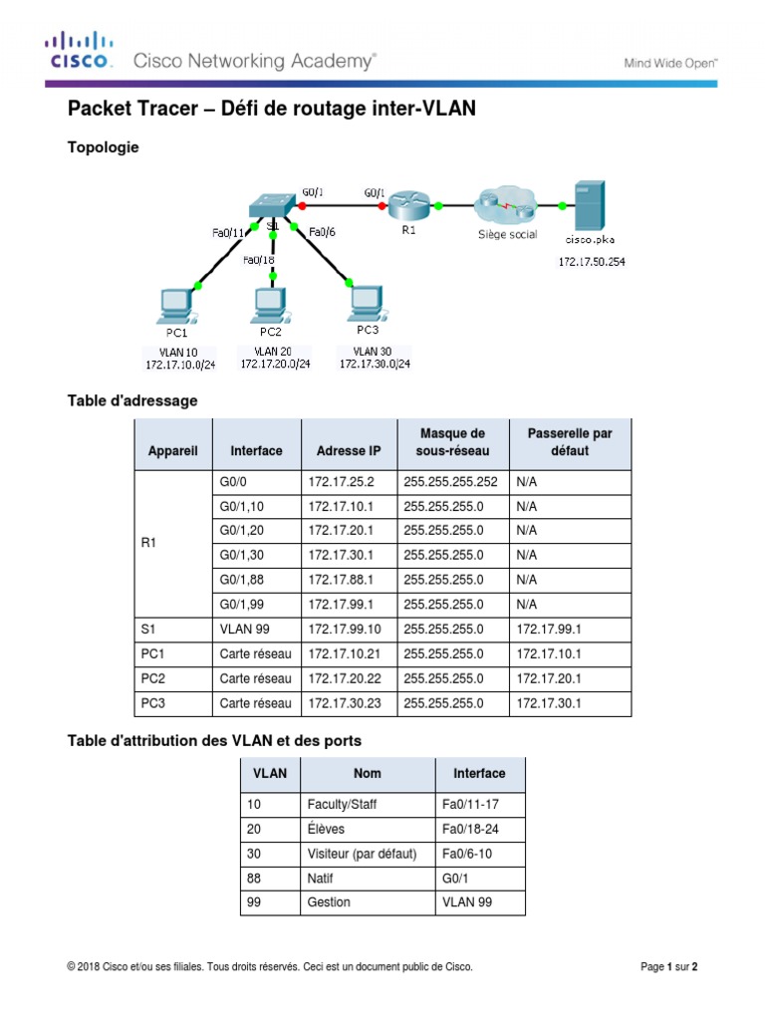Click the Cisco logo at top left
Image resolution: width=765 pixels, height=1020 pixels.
pyautogui.click(x=77, y=52)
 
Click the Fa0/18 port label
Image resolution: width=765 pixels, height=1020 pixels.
pyautogui.click(x=258, y=261)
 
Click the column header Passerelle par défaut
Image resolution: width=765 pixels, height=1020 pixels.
pyautogui.click(x=569, y=441)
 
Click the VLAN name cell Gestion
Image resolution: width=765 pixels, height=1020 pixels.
pyautogui.click(x=330, y=902)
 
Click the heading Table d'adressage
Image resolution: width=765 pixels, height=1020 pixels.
pyautogui.click(x=131, y=400)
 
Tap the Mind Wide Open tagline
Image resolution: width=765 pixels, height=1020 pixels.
pyautogui.click(x=670, y=62)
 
